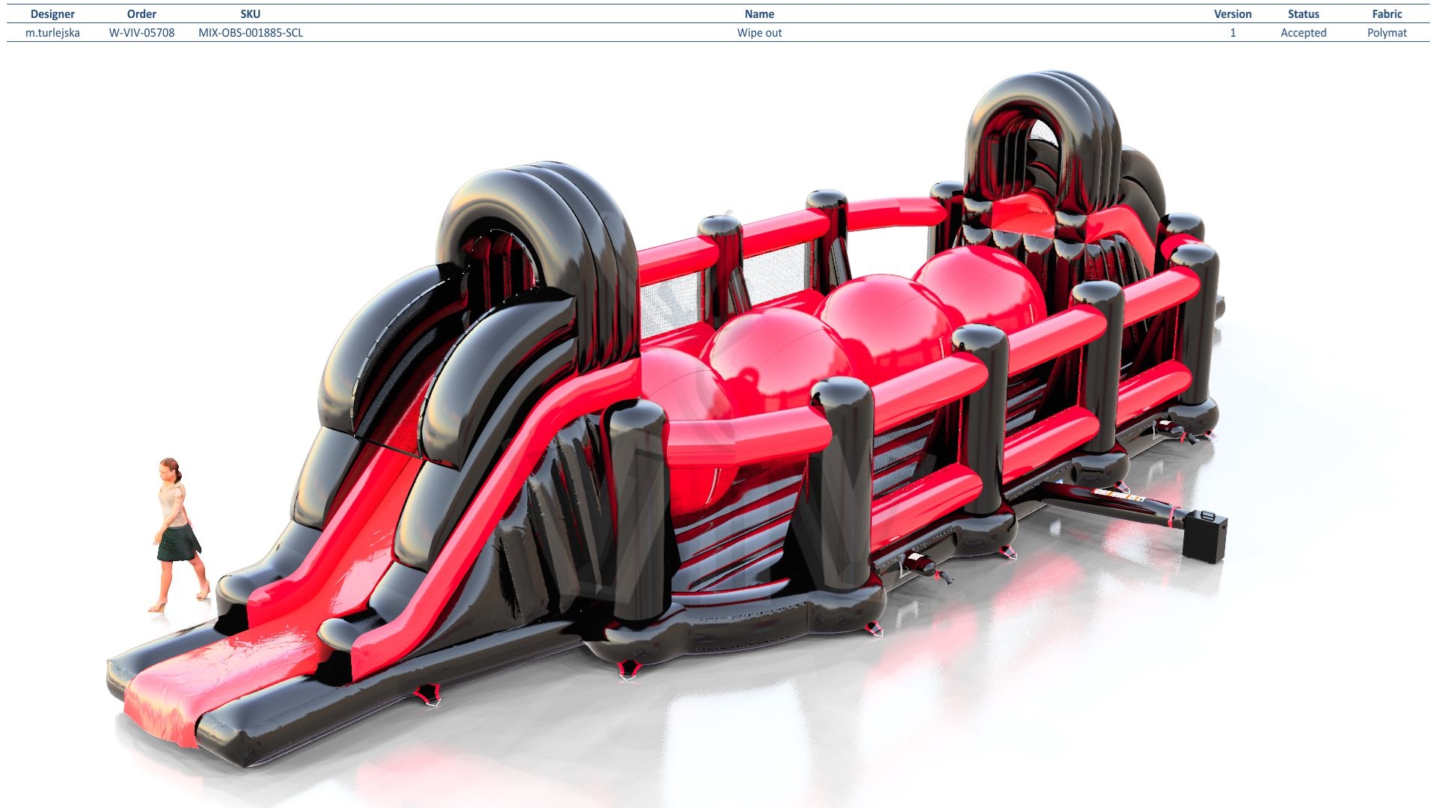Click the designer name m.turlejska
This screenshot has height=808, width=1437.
[52, 33]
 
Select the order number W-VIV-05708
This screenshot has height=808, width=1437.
[141, 33]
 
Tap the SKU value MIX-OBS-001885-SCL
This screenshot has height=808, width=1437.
[251, 33]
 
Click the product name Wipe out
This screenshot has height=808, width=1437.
[759, 33]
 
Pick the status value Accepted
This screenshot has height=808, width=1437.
[1303, 33]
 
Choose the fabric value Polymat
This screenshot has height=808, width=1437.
[1387, 33]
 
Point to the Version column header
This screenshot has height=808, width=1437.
[1233, 14]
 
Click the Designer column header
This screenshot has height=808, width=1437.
[52, 14]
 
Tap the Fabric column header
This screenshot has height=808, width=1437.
[1387, 14]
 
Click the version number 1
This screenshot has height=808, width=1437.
[1233, 33]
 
